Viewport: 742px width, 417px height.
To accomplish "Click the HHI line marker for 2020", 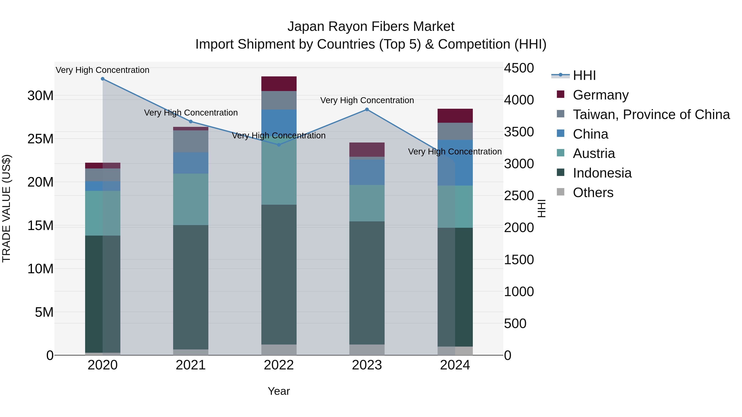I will [x=103, y=79].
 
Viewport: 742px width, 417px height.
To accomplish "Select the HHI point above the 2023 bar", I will [x=367, y=109].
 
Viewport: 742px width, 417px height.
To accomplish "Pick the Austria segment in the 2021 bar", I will [x=190, y=199].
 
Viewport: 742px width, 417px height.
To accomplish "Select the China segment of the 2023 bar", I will [x=367, y=172].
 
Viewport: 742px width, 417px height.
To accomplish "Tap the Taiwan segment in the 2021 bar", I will [x=190, y=141].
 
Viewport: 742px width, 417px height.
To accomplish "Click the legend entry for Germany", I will [x=601, y=95].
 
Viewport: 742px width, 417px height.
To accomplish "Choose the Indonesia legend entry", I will [x=602, y=173].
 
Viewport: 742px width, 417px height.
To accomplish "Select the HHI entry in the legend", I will [x=584, y=75].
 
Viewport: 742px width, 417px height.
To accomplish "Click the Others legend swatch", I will [x=561, y=192].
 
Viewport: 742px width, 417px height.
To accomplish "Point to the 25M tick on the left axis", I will [x=40, y=139].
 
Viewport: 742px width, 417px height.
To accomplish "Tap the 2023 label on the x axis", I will [x=367, y=365].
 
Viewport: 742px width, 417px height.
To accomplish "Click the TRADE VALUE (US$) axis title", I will [x=6, y=208].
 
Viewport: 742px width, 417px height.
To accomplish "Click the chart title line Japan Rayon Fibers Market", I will [x=371, y=27].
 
